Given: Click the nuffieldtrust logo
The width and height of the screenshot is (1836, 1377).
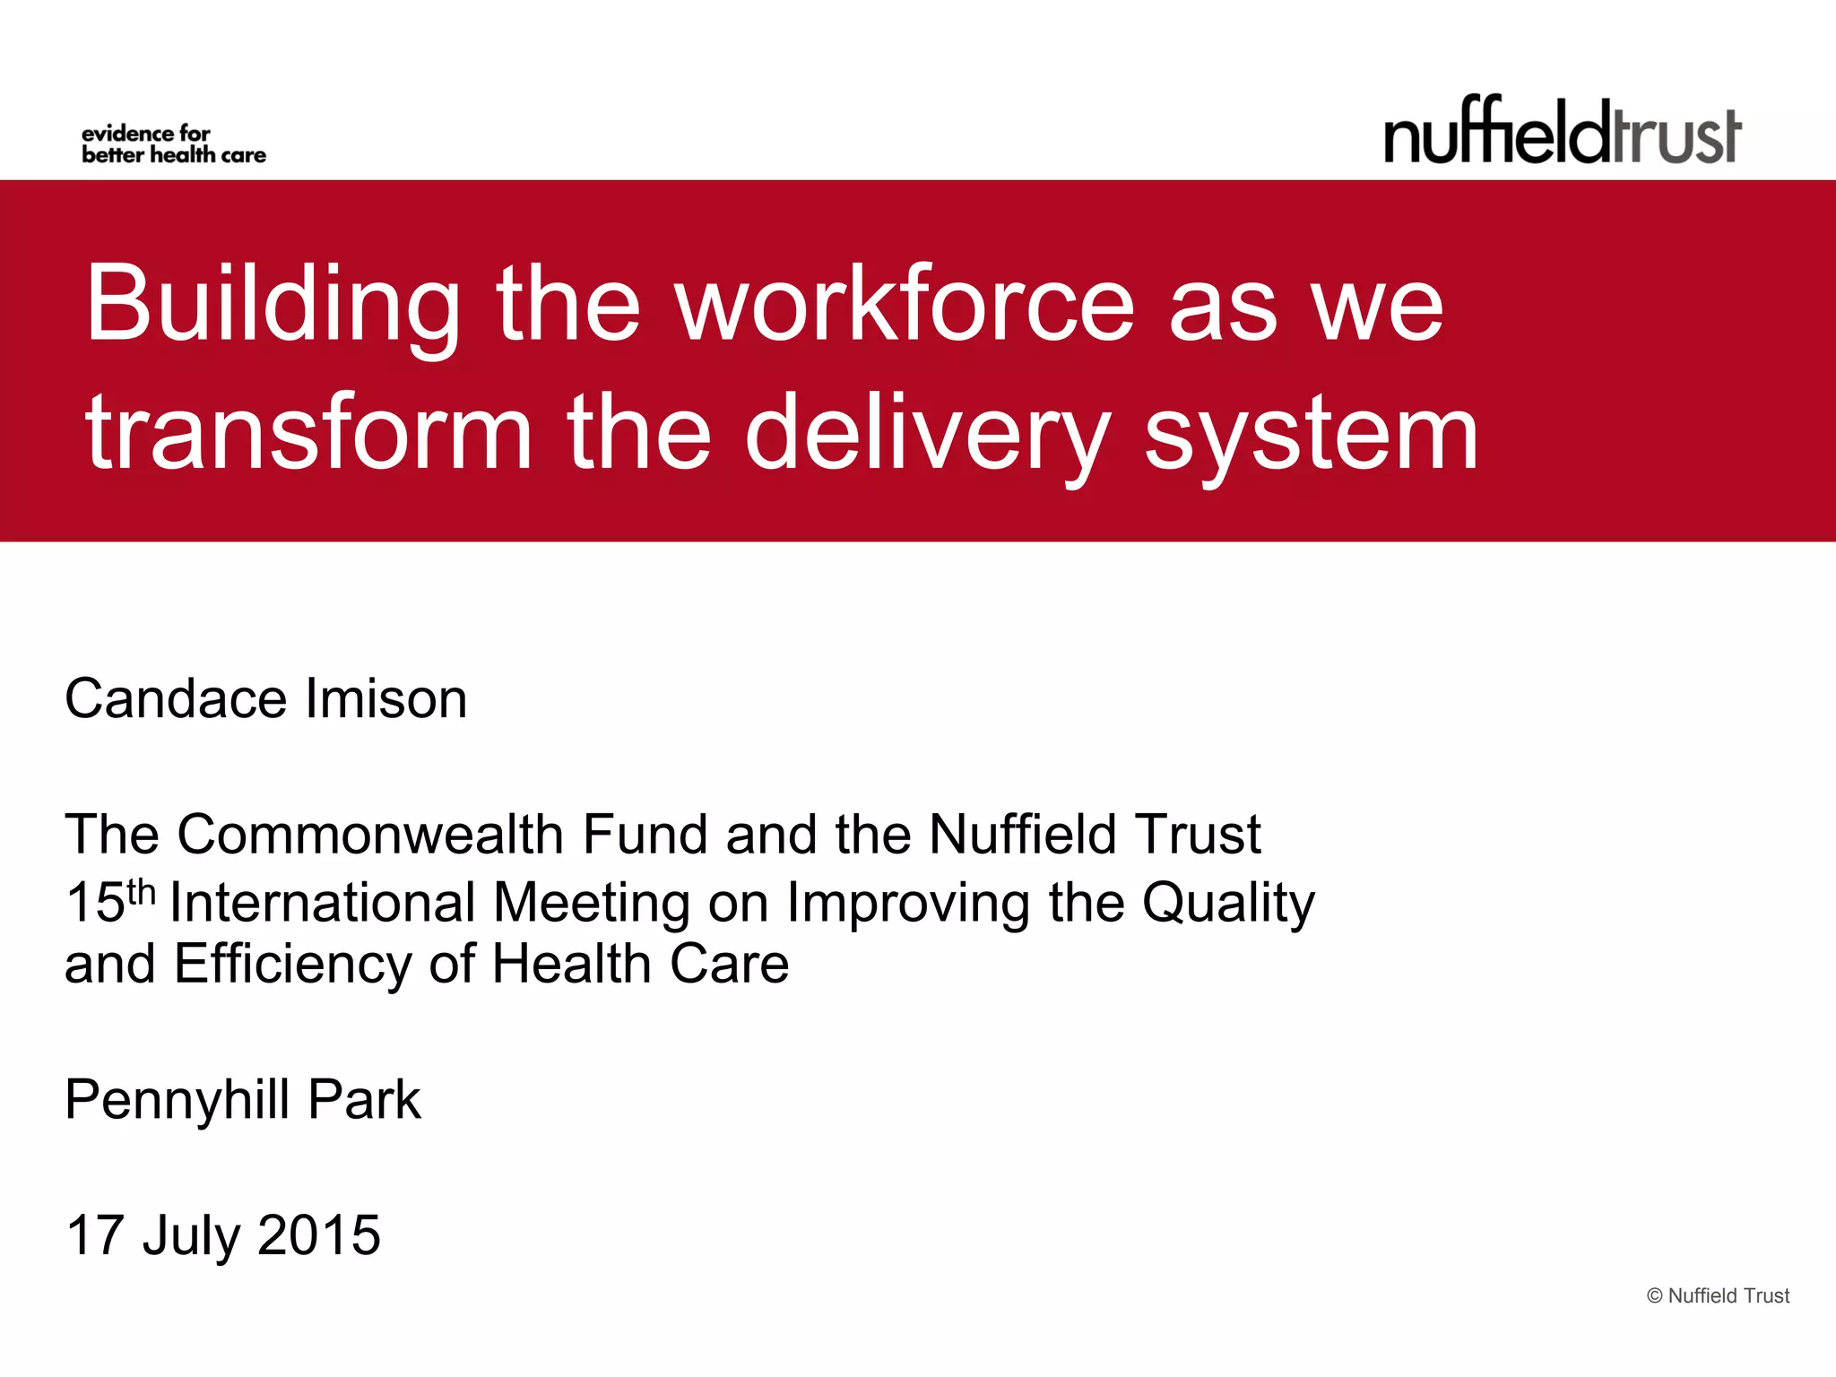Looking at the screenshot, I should (x=1563, y=132).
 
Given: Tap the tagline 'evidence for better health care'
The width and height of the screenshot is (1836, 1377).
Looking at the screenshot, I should (x=173, y=144).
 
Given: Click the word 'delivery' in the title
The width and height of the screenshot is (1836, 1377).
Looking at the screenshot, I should (x=928, y=434).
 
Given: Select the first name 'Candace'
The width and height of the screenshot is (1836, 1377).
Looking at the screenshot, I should (x=177, y=698).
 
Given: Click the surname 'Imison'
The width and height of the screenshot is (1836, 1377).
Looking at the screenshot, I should (x=386, y=698).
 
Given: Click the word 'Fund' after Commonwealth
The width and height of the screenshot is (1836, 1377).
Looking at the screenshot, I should (x=645, y=835).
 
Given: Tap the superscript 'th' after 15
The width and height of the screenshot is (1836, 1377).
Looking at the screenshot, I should (x=141, y=892).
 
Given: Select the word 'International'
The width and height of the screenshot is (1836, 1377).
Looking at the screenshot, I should (x=322, y=902).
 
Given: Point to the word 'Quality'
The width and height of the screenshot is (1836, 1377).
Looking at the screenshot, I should (x=1228, y=904).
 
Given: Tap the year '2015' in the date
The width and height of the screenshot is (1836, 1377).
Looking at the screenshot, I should (x=319, y=1235).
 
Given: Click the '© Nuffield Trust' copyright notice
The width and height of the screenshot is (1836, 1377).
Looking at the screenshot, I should (x=1718, y=1295).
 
